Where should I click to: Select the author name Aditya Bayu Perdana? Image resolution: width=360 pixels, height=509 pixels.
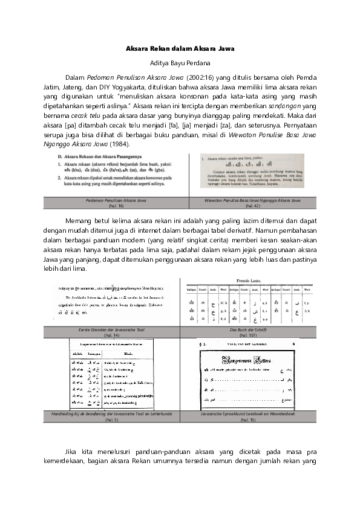(180, 62)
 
